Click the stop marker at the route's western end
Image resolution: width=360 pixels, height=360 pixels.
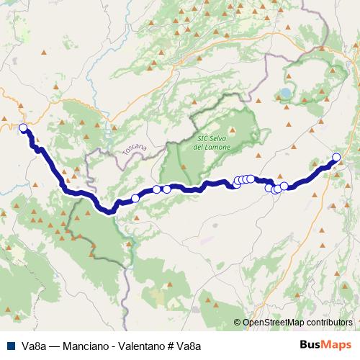point(23,128)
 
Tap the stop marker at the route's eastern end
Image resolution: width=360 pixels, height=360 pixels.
point(336,158)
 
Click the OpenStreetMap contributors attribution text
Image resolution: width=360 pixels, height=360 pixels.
point(297,323)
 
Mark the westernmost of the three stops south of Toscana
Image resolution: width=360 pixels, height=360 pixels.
point(135,198)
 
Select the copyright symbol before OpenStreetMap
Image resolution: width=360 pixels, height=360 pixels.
point(238,323)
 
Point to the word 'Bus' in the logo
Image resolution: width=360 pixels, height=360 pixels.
point(312,346)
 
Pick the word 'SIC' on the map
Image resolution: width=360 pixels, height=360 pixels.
point(202,138)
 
